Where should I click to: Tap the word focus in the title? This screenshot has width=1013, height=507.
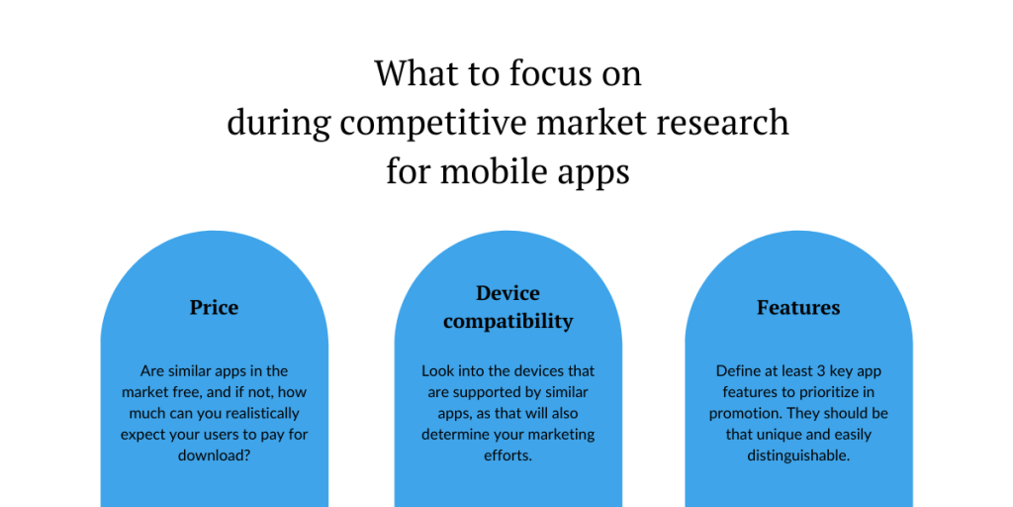(549, 73)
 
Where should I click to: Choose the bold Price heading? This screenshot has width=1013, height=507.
(214, 307)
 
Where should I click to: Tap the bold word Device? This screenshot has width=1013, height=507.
(507, 293)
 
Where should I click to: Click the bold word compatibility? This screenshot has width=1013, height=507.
(507, 322)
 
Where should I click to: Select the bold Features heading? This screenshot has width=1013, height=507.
(798, 307)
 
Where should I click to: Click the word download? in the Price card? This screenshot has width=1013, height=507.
(214, 455)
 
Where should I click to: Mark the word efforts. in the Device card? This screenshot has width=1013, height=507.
(507, 455)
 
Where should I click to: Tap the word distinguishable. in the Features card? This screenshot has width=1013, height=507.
(798, 456)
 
